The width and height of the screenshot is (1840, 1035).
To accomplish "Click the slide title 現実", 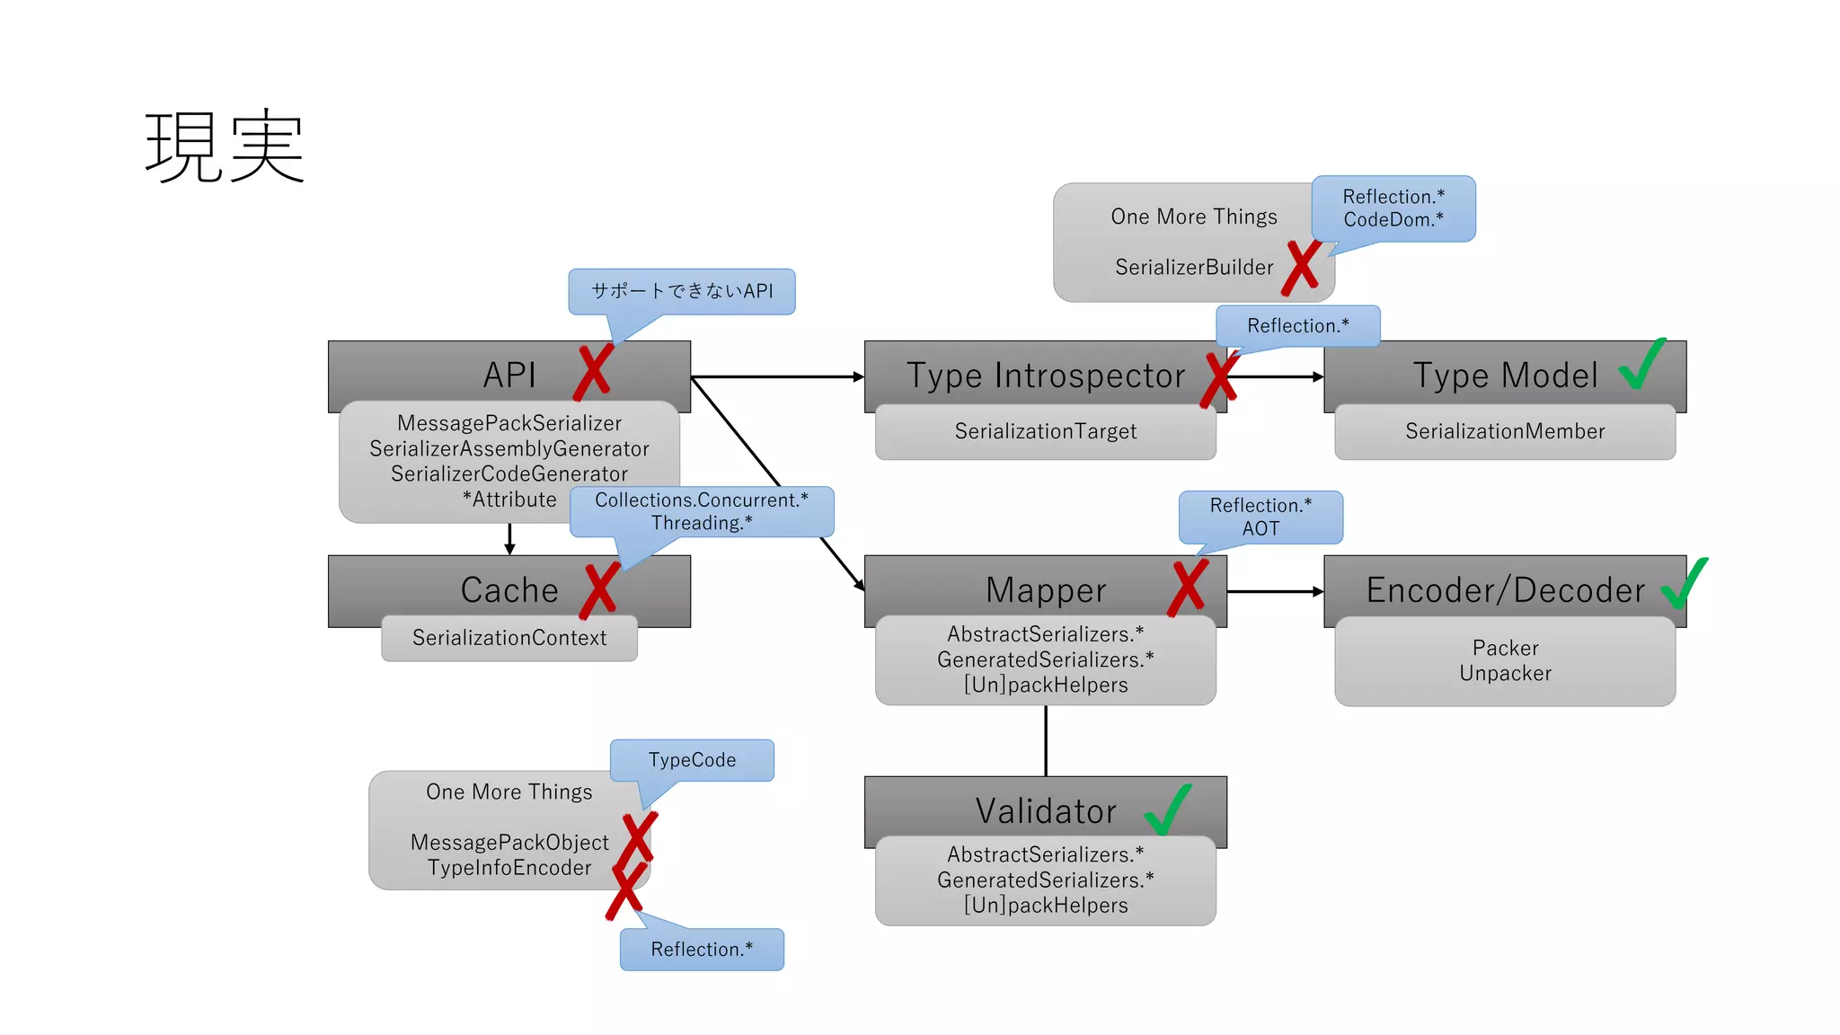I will pyautogui.click(x=225, y=146).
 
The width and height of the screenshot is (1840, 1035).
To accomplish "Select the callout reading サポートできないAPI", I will pyautogui.click(x=681, y=291).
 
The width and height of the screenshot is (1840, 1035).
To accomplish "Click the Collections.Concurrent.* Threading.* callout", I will pyautogui.click(x=702, y=511).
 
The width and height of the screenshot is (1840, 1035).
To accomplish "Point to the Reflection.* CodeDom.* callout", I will pyautogui.click(x=1393, y=208).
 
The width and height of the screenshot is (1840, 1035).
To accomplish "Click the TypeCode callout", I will pyautogui.click(x=692, y=760).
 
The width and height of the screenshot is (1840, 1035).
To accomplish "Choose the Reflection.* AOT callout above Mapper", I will pyautogui.click(x=1261, y=517).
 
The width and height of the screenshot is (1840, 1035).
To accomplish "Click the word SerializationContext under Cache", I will pyautogui.click(x=509, y=638).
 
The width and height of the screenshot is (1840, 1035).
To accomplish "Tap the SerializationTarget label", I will pyautogui.click(x=1045, y=431).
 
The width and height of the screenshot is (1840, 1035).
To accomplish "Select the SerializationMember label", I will pyautogui.click(x=1505, y=431).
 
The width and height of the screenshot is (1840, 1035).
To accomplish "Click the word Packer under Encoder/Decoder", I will pyautogui.click(x=1505, y=648).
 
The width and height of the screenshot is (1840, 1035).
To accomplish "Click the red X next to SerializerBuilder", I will pyautogui.click(x=1301, y=268).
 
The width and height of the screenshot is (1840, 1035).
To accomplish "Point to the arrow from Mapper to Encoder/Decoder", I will pyautogui.click(x=1275, y=591).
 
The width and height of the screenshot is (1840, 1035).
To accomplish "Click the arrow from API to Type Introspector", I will pyautogui.click(x=777, y=376).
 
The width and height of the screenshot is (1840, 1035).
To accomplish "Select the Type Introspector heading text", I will pyautogui.click(x=1045, y=376).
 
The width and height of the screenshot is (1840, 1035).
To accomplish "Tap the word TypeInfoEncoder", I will pyautogui.click(x=509, y=868).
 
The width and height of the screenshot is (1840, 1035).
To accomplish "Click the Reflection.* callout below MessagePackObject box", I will pyautogui.click(x=702, y=950).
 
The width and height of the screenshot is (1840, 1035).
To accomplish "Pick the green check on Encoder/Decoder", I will pyautogui.click(x=1684, y=583).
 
